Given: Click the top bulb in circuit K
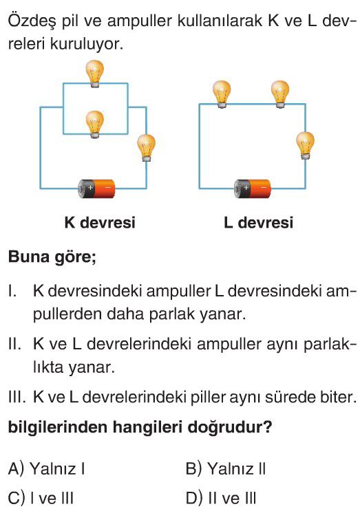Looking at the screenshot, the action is pyautogui.click(x=94, y=74).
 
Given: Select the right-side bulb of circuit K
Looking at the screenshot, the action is pyautogui.click(x=146, y=148).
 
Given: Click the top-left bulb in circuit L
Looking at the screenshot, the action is pyautogui.click(x=222, y=94).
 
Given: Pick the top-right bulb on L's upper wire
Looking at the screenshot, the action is pyautogui.click(x=280, y=94).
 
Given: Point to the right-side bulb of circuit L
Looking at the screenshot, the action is pyautogui.click(x=305, y=145).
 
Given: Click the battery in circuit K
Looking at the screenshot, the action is pyautogui.click(x=96, y=188).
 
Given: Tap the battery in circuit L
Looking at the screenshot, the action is pyautogui.click(x=253, y=188).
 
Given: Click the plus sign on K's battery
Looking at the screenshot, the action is pyautogui.click(x=90, y=187).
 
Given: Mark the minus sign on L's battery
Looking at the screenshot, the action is pyautogui.click(x=264, y=188).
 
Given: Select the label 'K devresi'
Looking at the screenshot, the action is pyautogui.click(x=100, y=223).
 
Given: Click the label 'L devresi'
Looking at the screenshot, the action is pyautogui.click(x=258, y=223).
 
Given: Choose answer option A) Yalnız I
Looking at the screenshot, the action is pyautogui.click(x=46, y=468).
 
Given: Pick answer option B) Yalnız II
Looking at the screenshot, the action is pyautogui.click(x=226, y=468).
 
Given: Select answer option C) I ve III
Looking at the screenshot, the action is pyautogui.click(x=41, y=498).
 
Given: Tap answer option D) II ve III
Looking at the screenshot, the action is pyautogui.click(x=221, y=498).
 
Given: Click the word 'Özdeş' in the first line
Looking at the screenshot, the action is pyautogui.click(x=32, y=21).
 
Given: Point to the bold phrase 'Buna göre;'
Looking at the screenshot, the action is pyautogui.click(x=52, y=257).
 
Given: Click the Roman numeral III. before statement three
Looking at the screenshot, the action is pyautogui.click(x=17, y=398).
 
